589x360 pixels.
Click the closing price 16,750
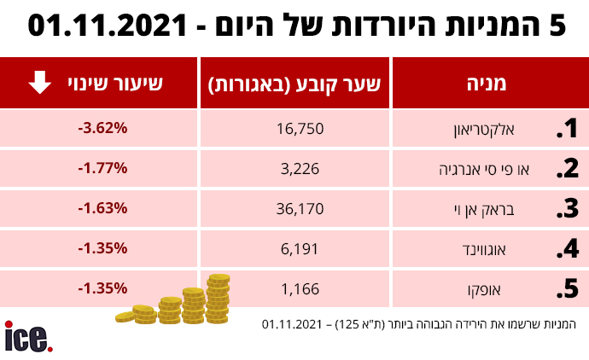point(300,129)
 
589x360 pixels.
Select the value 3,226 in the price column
point(300,169)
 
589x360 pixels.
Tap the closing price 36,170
point(300,209)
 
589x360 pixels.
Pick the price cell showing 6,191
point(300,249)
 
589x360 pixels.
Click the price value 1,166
point(300,289)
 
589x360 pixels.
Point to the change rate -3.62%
point(102,128)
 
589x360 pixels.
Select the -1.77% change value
point(102,168)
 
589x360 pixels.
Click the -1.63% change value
point(102,208)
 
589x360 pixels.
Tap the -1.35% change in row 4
point(102,248)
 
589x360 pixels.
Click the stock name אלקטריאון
point(484,130)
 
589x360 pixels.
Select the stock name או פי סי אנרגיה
point(484,170)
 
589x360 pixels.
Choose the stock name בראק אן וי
point(484,210)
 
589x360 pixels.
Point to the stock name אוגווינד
point(484,250)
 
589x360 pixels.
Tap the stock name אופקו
point(484,290)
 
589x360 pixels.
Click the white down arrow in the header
point(40,82)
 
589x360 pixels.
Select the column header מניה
point(487,84)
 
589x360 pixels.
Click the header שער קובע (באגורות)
point(294,84)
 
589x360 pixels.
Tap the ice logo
point(28,337)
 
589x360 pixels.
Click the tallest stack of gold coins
point(218,299)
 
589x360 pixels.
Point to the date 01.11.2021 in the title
point(108,25)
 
